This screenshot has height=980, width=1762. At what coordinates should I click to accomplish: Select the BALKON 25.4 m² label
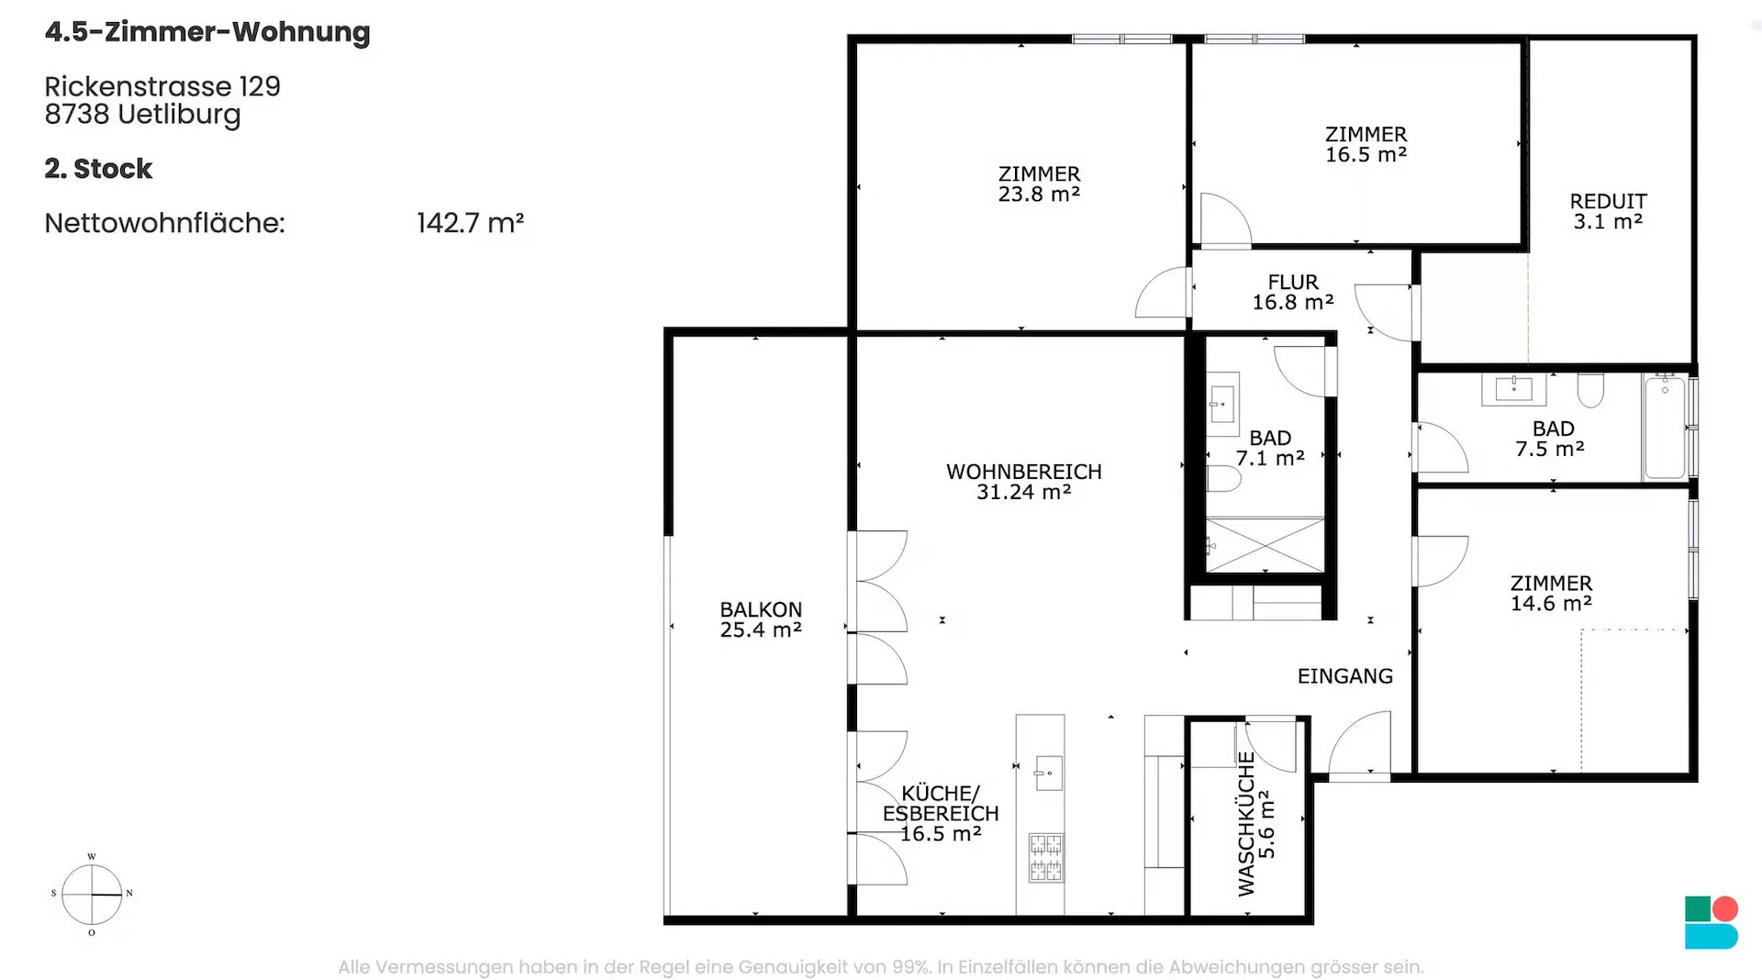click(x=761, y=619)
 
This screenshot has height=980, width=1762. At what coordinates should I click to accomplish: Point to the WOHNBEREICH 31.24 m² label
click(x=1024, y=482)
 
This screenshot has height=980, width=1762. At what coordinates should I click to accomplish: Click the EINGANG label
click(x=1345, y=676)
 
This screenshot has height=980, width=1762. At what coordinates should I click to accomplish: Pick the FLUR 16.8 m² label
click(x=1293, y=292)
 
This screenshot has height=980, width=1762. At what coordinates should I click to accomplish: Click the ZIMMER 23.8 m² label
click(x=1039, y=184)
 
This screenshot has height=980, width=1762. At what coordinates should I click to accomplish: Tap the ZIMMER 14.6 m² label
click(x=1551, y=593)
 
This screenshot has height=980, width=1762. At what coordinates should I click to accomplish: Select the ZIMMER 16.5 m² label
click(x=1366, y=144)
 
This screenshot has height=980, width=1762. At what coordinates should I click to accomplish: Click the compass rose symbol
click(x=92, y=895)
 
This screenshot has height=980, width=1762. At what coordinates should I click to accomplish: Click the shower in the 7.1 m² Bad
click(x=1265, y=545)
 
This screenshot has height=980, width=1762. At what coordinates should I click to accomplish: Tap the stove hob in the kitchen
click(x=1046, y=857)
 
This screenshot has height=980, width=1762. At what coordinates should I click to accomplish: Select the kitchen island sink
click(x=1048, y=773)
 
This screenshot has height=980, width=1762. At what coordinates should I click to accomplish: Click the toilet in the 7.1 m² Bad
click(x=1223, y=478)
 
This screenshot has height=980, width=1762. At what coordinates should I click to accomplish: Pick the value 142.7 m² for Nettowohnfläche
click(x=471, y=223)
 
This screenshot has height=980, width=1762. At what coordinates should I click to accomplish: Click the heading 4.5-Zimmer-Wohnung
click(x=207, y=32)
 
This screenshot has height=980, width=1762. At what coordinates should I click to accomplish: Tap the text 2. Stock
click(x=98, y=169)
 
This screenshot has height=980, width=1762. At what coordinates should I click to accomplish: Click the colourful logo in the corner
click(x=1712, y=922)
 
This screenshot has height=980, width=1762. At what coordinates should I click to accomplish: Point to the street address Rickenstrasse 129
click(x=162, y=86)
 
